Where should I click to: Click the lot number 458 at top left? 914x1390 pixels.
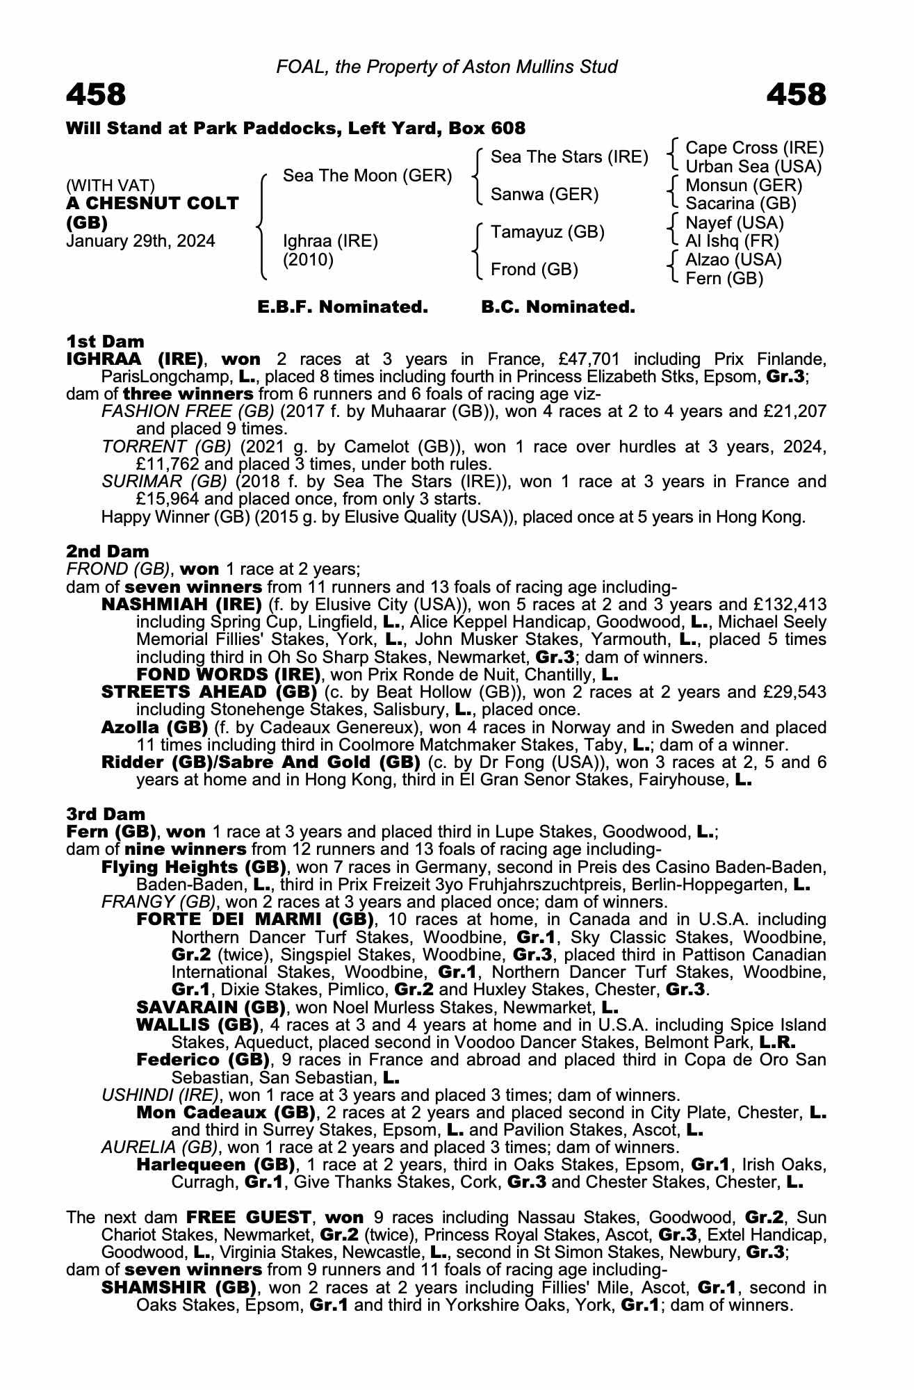(x=96, y=95)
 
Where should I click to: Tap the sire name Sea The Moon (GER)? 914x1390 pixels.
(x=367, y=176)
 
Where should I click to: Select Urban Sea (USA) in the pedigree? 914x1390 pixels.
(x=753, y=167)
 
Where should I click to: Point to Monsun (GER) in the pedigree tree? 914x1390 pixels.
(x=743, y=186)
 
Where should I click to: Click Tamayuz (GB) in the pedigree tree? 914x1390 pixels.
(x=548, y=231)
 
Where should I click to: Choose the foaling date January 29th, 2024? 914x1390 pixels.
(x=140, y=241)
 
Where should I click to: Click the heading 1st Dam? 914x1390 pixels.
(x=105, y=341)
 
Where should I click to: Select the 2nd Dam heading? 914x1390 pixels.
(x=108, y=551)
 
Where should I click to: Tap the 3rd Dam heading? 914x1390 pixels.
(x=106, y=814)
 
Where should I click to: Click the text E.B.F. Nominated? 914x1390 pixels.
(x=343, y=306)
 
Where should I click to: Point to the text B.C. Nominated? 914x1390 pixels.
(x=558, y=306)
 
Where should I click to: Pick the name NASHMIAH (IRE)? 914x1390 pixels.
(x=181, y=604)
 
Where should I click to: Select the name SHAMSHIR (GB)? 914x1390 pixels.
(x=176, y=1287)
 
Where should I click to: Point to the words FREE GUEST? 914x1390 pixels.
(x=249, y=1217)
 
